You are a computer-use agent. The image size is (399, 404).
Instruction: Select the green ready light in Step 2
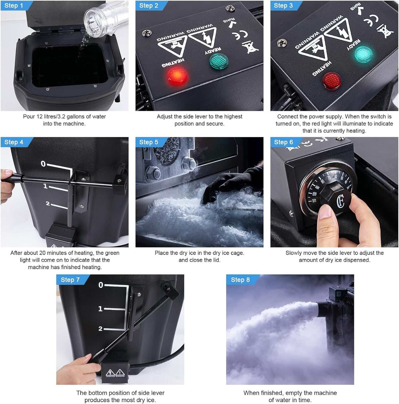pos(219,61)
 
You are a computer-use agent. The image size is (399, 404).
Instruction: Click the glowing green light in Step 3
pos(363,54)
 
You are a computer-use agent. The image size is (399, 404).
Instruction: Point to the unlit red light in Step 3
pos(332,80)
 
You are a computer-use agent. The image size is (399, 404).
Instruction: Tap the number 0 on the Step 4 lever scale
pos(43,164)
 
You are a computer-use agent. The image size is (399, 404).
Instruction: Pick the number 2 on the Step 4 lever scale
pos(48,204)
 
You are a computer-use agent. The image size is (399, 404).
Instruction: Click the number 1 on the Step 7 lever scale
pos(100,309)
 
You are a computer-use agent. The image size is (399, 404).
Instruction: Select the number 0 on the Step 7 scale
pos(101,285)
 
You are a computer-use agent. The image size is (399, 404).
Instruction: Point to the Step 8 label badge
pos(240,280)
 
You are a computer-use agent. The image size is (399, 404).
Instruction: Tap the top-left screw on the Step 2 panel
pos(146,33)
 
